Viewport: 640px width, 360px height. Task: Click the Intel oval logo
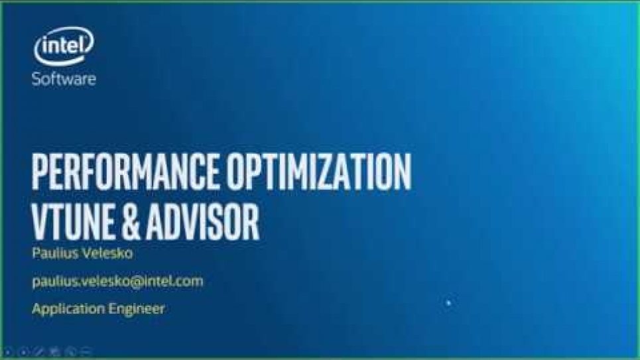click(64, 46)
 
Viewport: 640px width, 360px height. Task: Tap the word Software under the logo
click(64, 78)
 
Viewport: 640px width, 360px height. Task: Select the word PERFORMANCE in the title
click(125, 172)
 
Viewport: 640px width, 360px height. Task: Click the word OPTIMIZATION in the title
click(319, 172)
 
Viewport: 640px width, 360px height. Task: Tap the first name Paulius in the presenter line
click(55, 253)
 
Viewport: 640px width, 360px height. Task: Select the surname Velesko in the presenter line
click(107, 253)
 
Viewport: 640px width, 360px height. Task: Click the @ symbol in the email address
click(138, 281)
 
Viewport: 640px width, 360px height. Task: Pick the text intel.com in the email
click(174, 281)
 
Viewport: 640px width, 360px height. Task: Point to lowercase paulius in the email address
click(52, 282)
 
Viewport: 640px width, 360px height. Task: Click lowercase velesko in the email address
click(103, 281)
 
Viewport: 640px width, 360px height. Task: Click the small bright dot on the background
click(448, 302)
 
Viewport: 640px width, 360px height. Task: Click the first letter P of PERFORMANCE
click(40, 172)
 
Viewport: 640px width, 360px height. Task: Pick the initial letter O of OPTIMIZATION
click(235, 172)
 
